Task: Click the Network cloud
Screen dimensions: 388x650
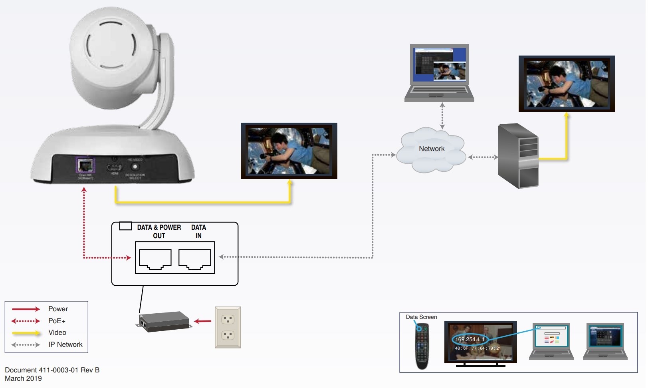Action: (432, 149)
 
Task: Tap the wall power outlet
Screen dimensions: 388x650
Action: (228, 327)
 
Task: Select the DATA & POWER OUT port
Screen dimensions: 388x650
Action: (155, 259)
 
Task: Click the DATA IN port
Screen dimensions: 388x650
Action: (195, 259)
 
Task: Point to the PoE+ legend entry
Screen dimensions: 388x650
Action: (57, 321)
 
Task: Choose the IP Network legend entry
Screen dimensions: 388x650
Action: (65, 344)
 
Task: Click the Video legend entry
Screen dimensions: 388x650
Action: (57, 332)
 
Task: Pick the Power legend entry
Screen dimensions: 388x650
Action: (58, 309)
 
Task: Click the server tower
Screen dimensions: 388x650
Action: (518, 156)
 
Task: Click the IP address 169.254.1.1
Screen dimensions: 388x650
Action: (470, 339)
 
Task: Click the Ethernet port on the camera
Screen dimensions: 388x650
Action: (85, 165)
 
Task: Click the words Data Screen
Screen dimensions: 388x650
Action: (421, 317)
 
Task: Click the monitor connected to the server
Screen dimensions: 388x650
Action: (567, 84)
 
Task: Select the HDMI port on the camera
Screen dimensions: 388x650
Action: (114, 167)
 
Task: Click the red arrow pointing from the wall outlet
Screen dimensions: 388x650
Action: (203, 321)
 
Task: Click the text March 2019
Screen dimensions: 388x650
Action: (23, 378)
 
